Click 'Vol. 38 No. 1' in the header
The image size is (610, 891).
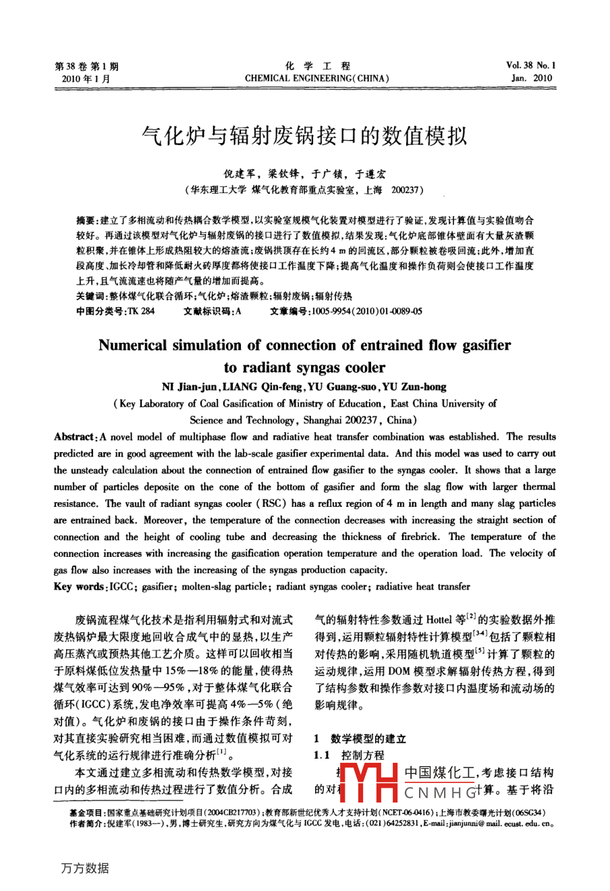click(x=530, y=65)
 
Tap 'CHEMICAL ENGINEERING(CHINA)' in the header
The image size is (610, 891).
click(x=317, y=78)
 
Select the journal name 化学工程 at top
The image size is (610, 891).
click(x=317, y=65)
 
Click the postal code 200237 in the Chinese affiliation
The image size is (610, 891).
click(x=406, y=190)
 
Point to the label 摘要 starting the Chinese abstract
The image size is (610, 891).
click(x=86, y=220)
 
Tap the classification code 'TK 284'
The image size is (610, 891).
click(x=141, y=311)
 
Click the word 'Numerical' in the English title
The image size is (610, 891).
click(x=132, y=346)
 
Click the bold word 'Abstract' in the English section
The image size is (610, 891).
click(x=74, y=437)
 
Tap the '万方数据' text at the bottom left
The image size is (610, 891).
click(x=84, y=868)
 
